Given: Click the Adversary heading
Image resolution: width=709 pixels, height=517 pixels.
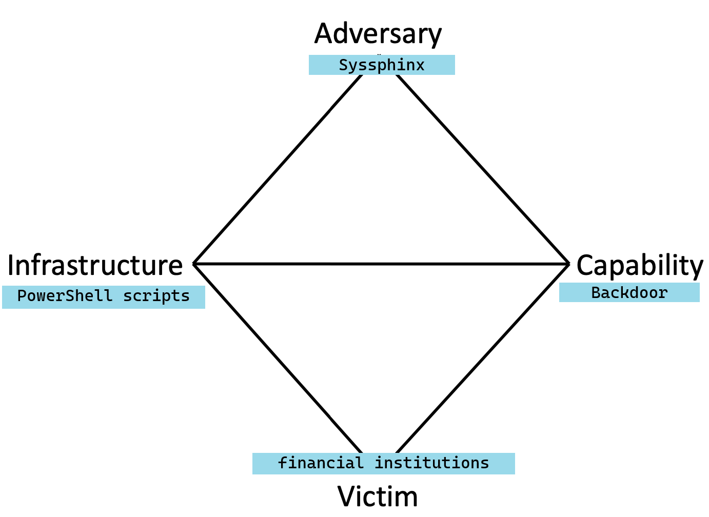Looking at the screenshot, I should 378,34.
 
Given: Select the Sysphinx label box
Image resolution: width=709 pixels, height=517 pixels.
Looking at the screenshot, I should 382,65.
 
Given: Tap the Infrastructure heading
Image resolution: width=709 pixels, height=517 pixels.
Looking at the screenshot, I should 95,265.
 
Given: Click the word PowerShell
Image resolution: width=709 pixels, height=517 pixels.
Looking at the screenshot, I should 65,296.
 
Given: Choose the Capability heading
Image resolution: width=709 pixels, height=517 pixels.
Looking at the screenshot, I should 640,266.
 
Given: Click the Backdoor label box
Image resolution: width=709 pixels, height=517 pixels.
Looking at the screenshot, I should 629,292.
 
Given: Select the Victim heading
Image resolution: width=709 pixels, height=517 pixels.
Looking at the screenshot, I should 378,496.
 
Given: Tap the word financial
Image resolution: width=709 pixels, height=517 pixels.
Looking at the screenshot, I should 321,463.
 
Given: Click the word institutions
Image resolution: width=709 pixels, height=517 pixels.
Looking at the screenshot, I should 432,463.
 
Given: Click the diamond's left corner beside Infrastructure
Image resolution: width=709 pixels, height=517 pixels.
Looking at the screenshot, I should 194,264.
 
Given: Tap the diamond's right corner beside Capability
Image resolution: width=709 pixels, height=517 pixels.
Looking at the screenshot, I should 568,264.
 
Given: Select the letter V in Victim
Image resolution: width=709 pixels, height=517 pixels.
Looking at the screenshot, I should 347,496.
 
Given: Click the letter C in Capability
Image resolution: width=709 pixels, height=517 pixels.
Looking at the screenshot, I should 585,266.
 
